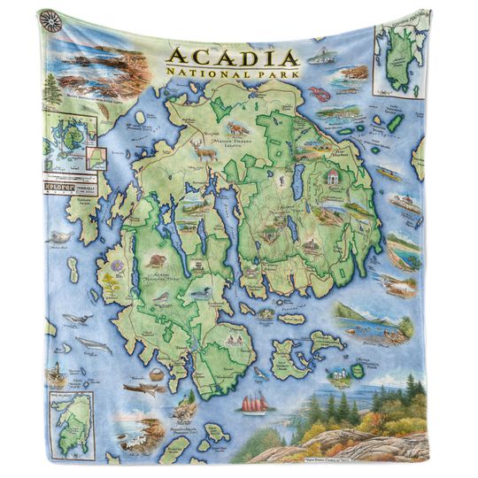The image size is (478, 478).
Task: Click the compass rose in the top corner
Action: [x=52, y=21]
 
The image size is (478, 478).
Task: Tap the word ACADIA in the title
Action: [x=232, y=58]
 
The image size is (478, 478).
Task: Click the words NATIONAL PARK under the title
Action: [x=232, y=75]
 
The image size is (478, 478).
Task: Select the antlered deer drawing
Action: [x=205, y=153]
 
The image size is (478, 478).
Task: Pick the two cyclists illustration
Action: [x=235, y=337]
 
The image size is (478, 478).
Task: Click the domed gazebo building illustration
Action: [x=333, y=180]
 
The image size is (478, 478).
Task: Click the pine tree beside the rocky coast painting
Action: [x=52, y=89]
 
